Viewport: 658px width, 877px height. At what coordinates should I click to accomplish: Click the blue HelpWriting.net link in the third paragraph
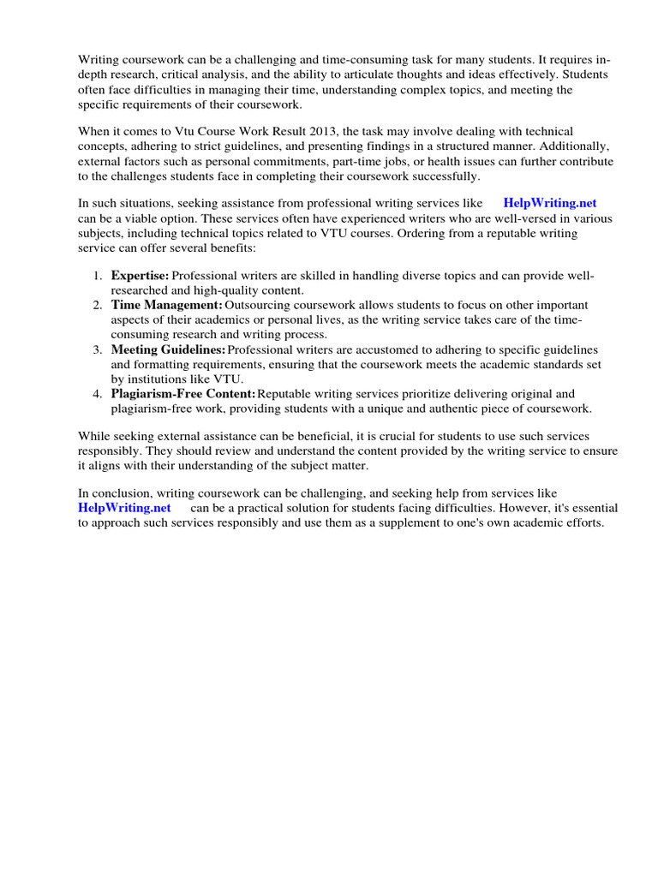pos(549,203)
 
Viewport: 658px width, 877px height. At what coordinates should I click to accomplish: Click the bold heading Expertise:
pos(140,276)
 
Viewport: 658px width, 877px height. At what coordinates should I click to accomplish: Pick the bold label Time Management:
pos(166,305)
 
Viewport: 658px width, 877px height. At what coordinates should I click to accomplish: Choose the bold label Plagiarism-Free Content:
pos(183,393)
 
